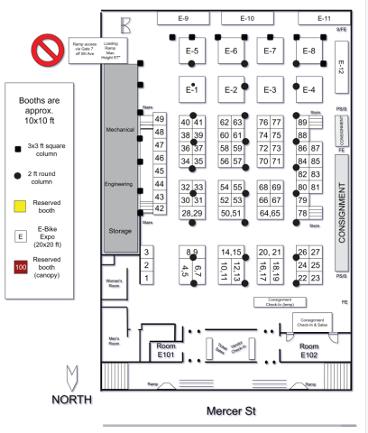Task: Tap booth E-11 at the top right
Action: (x=325, y=18)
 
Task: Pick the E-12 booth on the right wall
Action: (x=341, y=67)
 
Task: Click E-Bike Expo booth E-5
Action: (x=192, y=51)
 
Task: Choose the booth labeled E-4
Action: (x=309, y=89)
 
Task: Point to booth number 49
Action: (x=159, y=119)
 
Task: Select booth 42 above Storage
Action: (x=159, y=208)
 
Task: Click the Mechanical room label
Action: (x=119, y=131)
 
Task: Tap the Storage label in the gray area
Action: (x=119, y=231)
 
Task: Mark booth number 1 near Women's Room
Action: (x=146, y=279)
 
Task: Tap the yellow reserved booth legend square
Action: (x=20, y=206)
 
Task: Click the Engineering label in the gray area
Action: (x=119, y=181)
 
